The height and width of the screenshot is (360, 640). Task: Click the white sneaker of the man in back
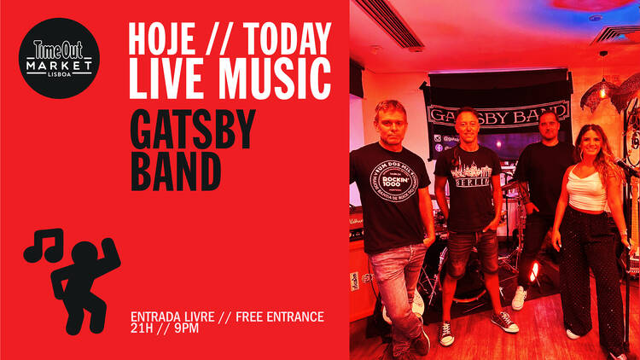click(x=519, y=298)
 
